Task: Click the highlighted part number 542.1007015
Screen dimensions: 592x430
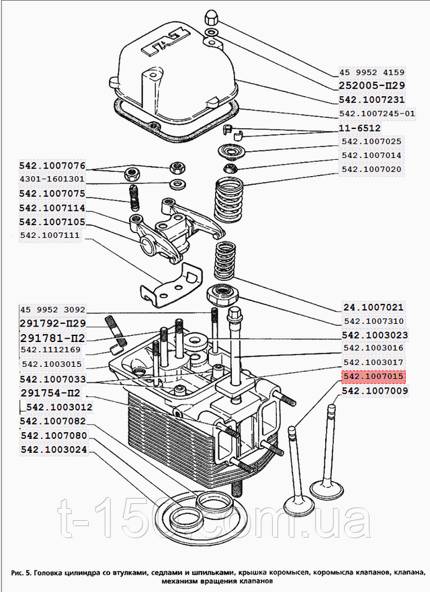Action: [374, 378]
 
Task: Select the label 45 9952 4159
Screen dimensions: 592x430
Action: [371, 73]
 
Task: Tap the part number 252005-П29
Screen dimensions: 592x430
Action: [371, 87]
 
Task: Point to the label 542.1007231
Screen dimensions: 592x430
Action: [371, 100]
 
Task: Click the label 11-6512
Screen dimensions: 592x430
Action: [360, 128]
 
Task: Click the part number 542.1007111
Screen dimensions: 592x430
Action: [50, 235]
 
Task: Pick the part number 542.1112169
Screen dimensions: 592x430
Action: [51, 349]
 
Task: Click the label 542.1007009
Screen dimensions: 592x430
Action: [374, 391]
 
